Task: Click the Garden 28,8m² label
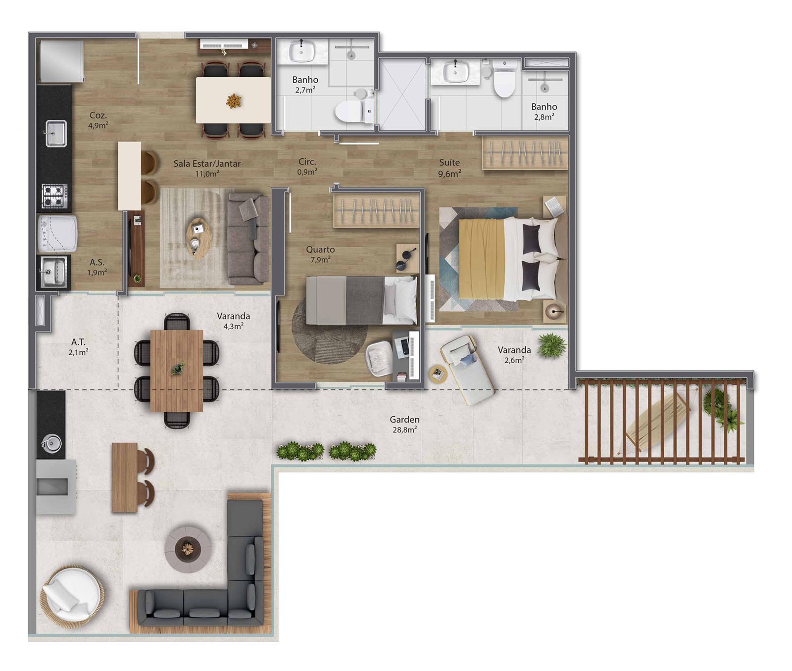[404, 425]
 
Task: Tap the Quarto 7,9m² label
[320, 254]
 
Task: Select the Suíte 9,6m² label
[449, 168]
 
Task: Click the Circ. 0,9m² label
[307, 167]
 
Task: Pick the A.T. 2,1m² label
[78, 347]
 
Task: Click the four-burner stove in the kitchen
[54, 195]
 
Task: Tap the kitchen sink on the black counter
[56, 133]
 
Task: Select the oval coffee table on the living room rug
[198, 238]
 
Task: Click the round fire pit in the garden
[188, 549]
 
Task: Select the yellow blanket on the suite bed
[482, 259]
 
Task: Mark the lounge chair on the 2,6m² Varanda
[467, 369]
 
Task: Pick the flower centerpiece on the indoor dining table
[234, 100]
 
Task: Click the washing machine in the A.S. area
[57, 233]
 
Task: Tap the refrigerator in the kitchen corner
[61, 61]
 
